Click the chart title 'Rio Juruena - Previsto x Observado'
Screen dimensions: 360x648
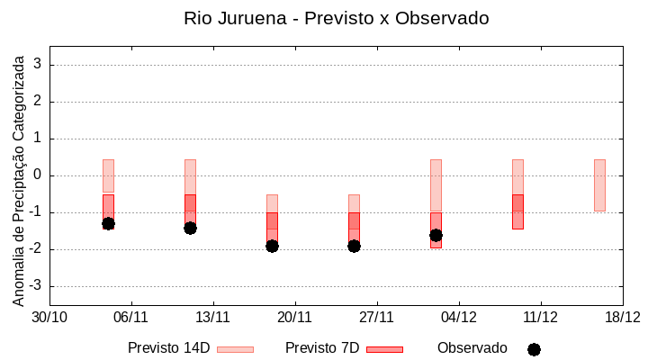[336, 18]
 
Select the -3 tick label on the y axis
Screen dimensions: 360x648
[36, 286]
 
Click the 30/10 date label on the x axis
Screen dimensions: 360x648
[49, 317]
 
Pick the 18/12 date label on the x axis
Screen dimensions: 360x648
[622, 317]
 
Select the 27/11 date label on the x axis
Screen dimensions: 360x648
[376, 317]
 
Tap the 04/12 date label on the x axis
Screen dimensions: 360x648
[458, 317]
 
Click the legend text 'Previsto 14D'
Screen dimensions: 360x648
[168, 348]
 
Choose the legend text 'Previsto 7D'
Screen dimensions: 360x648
[321, 348]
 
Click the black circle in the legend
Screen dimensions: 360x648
[534, 349]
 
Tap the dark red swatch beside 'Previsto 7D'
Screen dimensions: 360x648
[384, 349]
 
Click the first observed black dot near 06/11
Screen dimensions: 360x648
[108, 223]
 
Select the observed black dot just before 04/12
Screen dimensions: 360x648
[436, 235]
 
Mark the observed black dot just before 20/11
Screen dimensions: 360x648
[272, 246]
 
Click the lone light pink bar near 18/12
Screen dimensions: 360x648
[599, 185]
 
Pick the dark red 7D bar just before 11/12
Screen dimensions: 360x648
[517, 211]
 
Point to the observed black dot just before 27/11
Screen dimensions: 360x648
[354, 246]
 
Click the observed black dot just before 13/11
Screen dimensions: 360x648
[190, 228]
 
